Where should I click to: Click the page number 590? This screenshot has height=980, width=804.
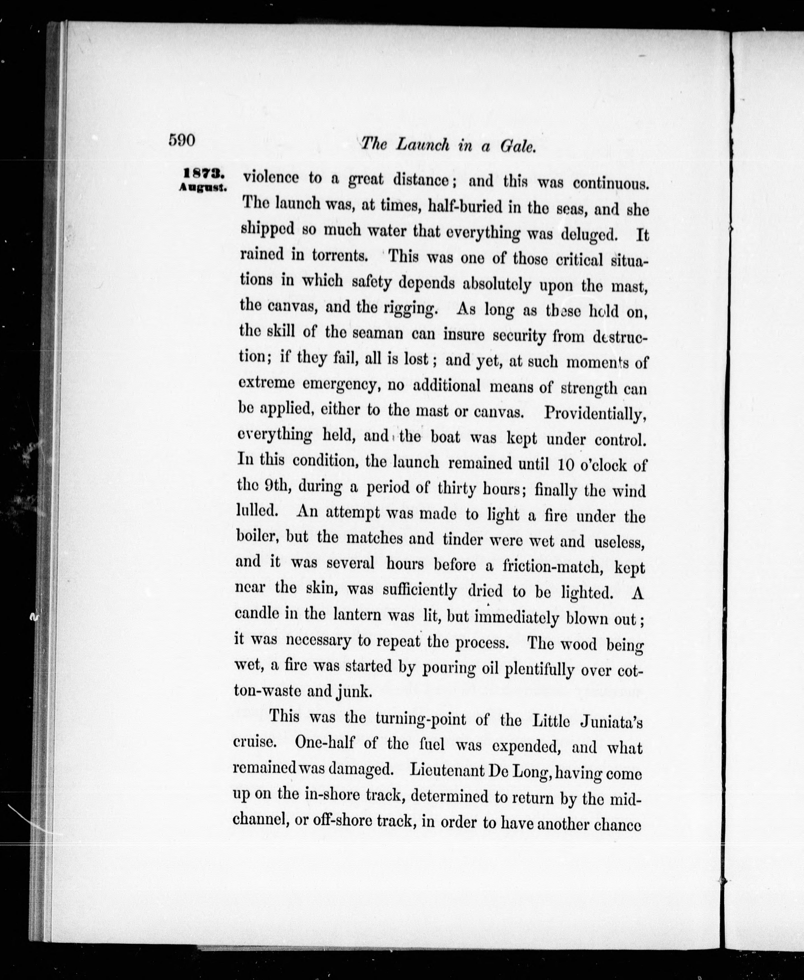pyautogui.click(x=182, y=140)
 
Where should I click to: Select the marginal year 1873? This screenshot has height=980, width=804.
pyautogui.click(x=204, y=173)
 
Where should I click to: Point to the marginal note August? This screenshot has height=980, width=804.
pyautogui.click(x=203, y=188)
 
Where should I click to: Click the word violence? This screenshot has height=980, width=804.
pyautogui.click(x=271, y=178)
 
